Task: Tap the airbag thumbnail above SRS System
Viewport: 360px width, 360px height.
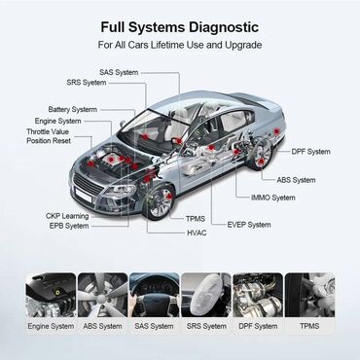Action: click(x=206, y=296)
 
